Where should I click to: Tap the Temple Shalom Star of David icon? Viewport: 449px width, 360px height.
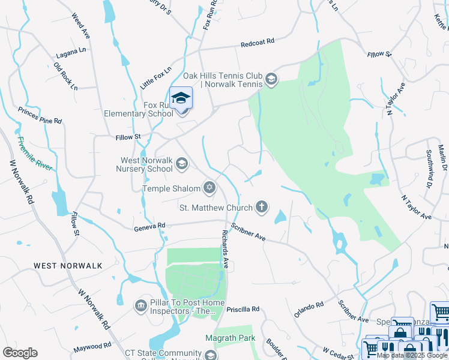[209, 188]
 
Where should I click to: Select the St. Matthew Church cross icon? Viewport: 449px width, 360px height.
[261, 208]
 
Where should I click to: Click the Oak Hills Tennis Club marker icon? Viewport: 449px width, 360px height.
[271, 80]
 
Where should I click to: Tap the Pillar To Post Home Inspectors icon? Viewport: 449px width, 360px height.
[141, 306]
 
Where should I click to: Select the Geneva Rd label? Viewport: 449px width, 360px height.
[149, 226]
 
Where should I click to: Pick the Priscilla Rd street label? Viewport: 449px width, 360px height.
[243, 309]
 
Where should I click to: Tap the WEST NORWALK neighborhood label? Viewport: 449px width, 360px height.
[68, 265]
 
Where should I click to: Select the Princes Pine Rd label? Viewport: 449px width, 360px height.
[40, 115]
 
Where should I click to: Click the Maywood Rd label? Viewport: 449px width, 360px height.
[92, 347]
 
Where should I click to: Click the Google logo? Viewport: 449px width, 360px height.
[20, 353]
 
